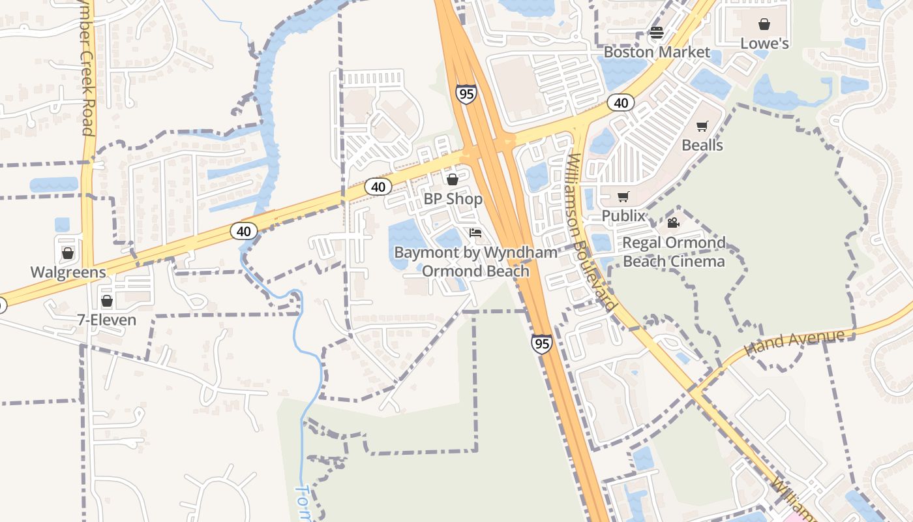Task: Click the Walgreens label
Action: point(68,272)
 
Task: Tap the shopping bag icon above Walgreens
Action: point(68,253)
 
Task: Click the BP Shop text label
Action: point(453,199)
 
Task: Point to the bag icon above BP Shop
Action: point(452,179)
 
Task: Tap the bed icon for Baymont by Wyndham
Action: point(475,233)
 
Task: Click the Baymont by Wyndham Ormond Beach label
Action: point(476,262)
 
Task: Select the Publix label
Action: point(623,216)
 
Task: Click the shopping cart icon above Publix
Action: point(623,196)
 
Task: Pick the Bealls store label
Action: point(702,145)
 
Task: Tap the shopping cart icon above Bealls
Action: point(702,126)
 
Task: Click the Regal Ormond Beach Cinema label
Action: point(674,252)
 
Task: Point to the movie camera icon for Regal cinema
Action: point(674,223)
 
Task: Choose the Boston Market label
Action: point(657,52)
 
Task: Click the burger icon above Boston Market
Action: point(657,33)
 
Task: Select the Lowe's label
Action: point(765,44)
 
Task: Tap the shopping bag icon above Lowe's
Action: point(764,24)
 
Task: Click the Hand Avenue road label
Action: point(796,341)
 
